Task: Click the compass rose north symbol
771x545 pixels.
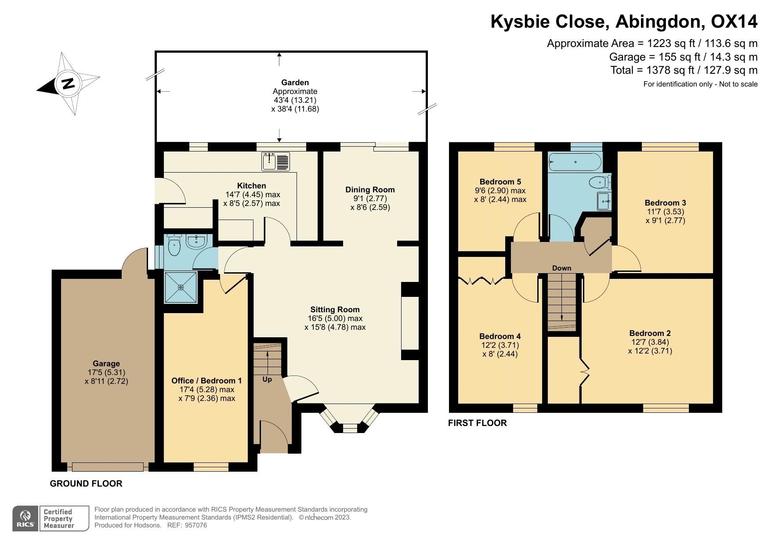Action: pos(68,83)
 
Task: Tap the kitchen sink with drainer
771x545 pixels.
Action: pos(275,161)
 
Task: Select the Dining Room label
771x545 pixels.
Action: pos(370,190)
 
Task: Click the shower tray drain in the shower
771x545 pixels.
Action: pos(181,287)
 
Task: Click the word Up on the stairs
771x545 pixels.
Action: pos(267,379)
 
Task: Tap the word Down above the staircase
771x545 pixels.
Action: pos(561,268)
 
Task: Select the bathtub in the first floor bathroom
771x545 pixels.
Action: pos(575,162)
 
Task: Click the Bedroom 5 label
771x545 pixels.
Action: pos(500,182)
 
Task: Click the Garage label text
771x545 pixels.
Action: pos(106,364)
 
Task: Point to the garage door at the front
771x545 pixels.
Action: pos(108,466)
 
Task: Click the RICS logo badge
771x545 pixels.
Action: pos(25,519)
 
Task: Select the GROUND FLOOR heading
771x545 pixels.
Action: pos(86,484)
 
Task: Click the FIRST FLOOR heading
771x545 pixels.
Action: pos(477,423)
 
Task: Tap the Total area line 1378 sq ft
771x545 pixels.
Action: pos(684,70)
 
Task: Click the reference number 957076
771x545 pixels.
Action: pos(196,525)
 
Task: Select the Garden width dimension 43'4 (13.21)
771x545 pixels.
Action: pos(295,100)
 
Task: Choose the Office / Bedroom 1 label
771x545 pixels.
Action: pos(206,381)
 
